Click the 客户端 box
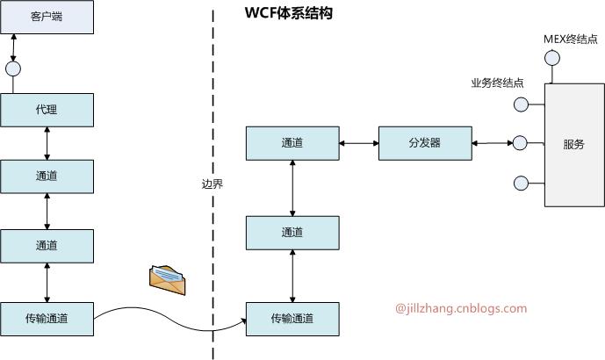coord(47,17)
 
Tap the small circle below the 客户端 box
coord(12,68)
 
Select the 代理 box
coord(47,110)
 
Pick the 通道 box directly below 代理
coord(47,176)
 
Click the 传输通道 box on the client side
coord(47,317)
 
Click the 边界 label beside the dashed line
coord(212,184)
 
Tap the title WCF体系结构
coord(288,15)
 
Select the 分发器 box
coord(425,142)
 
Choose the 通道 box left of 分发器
coord(292,142)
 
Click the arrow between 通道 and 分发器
coord(358,142)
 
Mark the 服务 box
coord(573,144)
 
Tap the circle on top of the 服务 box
coord(552,59)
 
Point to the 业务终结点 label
coord(498,83)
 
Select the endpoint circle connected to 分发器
coord(520,142)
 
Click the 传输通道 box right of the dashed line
coord(292,317)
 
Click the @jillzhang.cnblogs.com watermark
coord(461,308)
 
